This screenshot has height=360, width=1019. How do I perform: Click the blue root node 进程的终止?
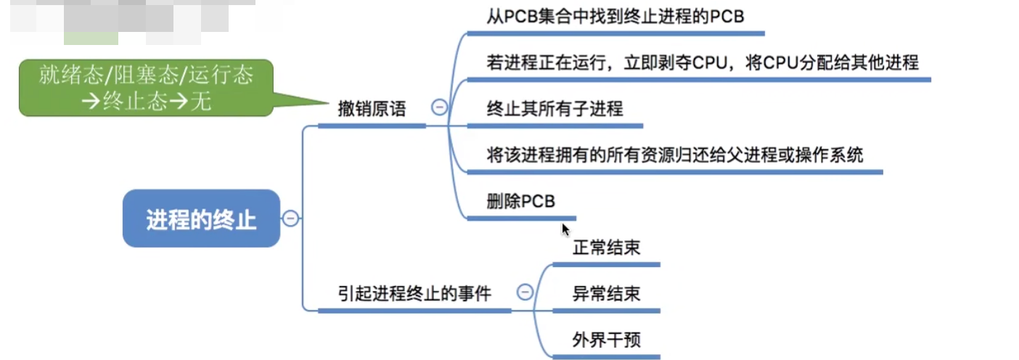201,218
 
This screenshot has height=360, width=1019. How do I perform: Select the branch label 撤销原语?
372,109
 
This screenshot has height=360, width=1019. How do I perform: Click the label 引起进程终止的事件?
414,293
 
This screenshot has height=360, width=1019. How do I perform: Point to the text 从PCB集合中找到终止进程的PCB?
615,17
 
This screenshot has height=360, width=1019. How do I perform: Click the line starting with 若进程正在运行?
703,62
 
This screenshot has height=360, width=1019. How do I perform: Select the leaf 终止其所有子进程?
554,109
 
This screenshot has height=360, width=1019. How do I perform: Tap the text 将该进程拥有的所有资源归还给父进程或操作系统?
675,155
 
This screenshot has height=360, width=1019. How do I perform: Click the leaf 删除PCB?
520,201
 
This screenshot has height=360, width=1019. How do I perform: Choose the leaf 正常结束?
606,247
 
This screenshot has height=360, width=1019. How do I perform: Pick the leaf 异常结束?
606,293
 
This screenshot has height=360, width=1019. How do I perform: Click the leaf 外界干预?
606,339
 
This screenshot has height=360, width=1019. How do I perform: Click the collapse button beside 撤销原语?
439,108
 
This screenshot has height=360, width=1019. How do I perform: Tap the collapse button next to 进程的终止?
290,218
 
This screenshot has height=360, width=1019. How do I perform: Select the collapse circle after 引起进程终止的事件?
524,292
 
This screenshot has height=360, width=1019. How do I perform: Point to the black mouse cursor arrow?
565,229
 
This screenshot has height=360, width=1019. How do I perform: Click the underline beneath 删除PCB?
521,218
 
